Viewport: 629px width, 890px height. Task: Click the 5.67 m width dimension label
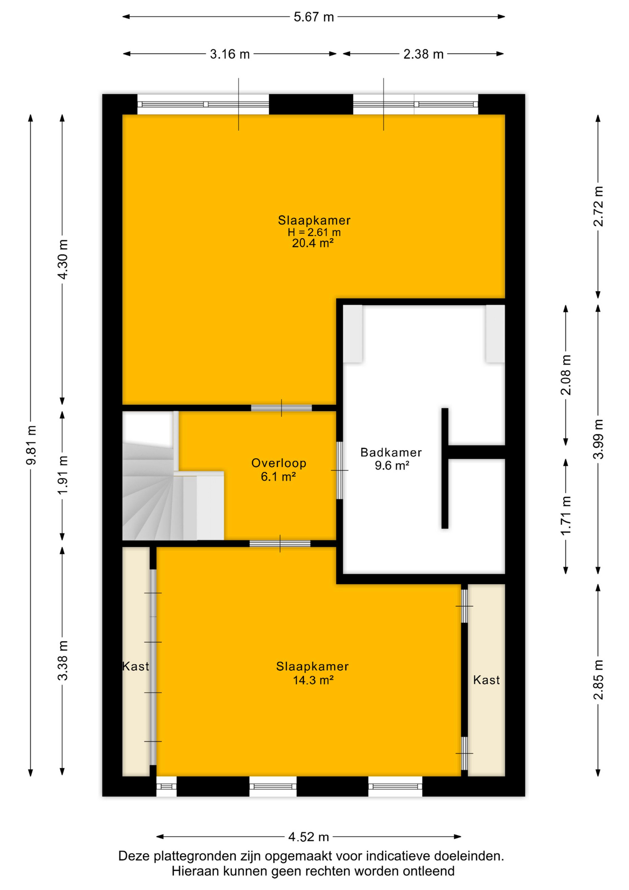click(x=314, y=17)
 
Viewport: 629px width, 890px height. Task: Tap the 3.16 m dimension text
click(x=230, y=54)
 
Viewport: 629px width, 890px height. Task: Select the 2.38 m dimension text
click(x=423, y=54)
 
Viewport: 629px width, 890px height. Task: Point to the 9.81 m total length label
click(x=31, y=445)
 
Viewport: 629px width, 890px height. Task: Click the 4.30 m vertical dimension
click(x=63, y=260)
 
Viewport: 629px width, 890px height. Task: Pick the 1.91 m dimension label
click(x=63, y=475)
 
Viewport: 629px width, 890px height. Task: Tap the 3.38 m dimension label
click(x=63, y=661)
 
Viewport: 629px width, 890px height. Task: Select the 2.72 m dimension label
click(x=598, y=206)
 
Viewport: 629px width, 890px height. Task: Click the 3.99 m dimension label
click(x=598, y=439)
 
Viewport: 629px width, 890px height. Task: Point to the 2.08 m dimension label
click(x=566, y=375)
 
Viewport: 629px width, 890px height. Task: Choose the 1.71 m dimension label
click(x=566, y=515)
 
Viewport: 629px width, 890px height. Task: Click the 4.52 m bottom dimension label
click(x=308, y=837)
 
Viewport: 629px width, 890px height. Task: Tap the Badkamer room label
click(x=391, y=452)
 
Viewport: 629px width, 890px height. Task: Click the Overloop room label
click(x=279, y=463)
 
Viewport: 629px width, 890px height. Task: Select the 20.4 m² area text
click(x=313, y=243)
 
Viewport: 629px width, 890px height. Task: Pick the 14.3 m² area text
click(x=313, y=680)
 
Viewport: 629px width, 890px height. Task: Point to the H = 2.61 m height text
click(x=314, y=232)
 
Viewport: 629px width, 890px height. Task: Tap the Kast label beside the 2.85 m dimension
click(x=486, y=680)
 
